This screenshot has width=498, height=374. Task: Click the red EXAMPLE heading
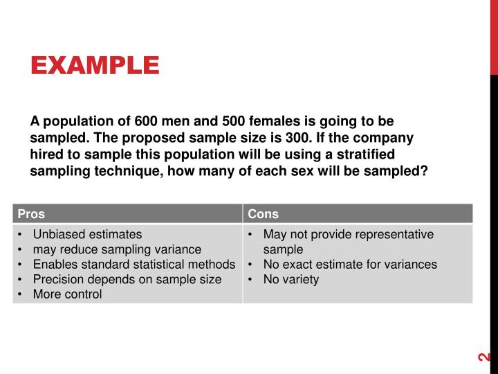tap(95, 66)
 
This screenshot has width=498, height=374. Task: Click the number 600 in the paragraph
tap(146, 121)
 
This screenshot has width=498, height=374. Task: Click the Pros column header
tap(31, 214)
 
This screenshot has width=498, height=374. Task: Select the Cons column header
tap(263, 214)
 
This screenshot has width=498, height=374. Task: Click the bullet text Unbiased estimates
tap(87, 235)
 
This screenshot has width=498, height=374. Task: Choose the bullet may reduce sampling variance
tap(117, 249)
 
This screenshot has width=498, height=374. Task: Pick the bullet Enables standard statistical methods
tap(134, 265)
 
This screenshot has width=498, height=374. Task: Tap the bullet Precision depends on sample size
tap(127, 279)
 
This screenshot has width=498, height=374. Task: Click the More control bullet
tap(67, 294)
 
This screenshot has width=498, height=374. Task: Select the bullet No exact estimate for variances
tap(350, 265)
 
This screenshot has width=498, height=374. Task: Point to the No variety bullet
tap(291, 279)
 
